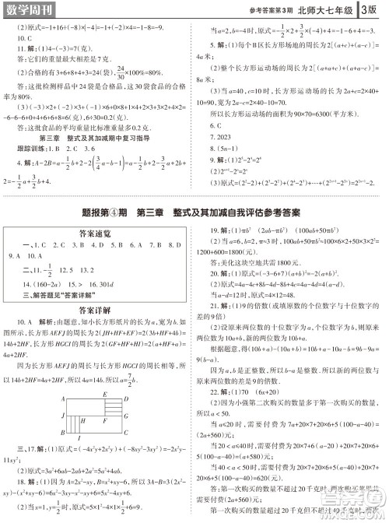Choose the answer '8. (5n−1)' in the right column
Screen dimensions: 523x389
tap(226, 147)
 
